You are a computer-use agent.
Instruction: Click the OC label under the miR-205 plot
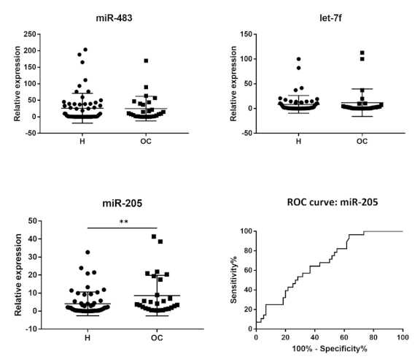pos(152,338)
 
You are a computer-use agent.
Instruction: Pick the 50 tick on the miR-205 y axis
pos(31,220)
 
